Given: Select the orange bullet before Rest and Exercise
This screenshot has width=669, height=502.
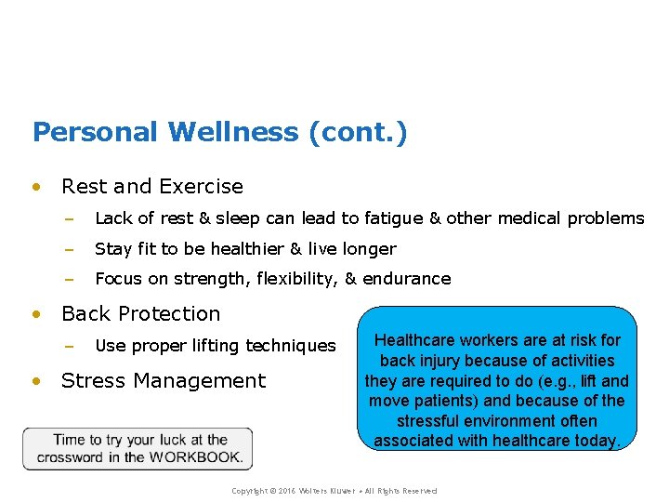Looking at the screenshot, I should point(35,187).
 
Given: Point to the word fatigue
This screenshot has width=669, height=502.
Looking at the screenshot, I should point(392,218).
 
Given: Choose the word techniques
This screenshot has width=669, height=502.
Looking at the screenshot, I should point(290,346).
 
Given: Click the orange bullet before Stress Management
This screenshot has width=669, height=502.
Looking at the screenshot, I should point(35,381).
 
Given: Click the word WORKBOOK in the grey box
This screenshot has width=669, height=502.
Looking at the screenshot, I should point(196,456).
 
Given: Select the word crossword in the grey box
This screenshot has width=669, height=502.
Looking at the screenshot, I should point(71,456).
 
